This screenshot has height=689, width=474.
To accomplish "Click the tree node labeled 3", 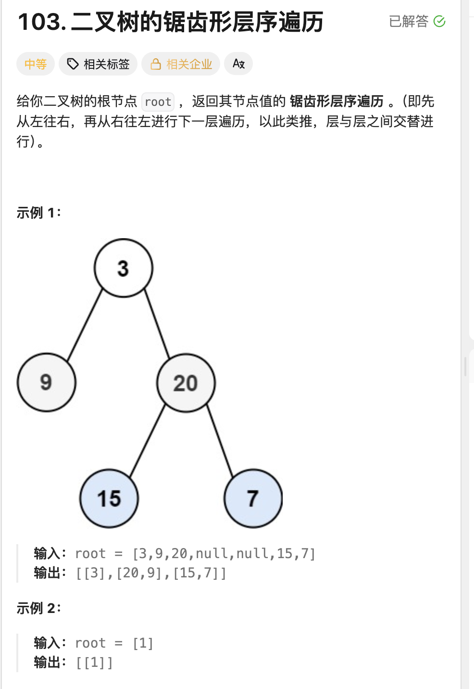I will tap(124, 268).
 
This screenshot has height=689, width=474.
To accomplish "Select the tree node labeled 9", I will tap(46, 383).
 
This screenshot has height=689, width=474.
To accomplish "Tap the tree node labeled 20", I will tap(186, 383).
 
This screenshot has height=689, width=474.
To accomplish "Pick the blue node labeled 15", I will tap(109, 498).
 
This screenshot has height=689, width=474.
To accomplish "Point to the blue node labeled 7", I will tap(253, 498).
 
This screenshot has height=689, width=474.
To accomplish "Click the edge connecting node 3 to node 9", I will tap(85, 325).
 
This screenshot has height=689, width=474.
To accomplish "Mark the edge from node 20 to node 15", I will tap(148, 440).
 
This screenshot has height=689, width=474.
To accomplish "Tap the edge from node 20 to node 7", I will tap(220, 440).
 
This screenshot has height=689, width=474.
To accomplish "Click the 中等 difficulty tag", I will tap(36, 64).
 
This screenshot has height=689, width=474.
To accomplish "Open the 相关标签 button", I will tap(98, 64).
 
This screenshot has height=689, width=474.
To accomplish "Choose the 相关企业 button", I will tap(181, 64).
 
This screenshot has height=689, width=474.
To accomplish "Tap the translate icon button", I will tap(238, 64).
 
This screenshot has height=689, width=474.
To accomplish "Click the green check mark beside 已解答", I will tap(439, 21).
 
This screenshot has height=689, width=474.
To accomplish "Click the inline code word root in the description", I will tap(158, 102).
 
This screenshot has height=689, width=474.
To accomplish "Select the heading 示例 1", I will tap(38, 213).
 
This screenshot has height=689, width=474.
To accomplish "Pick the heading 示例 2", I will tap(38, 608).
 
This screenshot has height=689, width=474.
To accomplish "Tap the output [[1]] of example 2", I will tap(94, 663).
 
